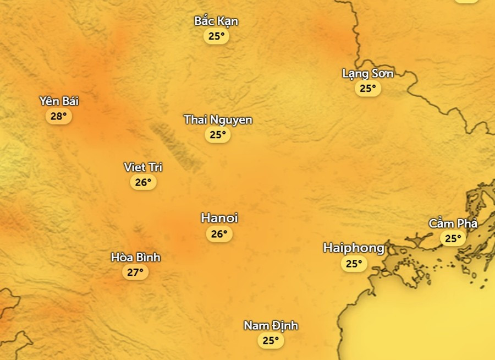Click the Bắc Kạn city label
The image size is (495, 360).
216,21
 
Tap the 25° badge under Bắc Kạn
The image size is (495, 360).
216,36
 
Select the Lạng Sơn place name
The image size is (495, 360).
367,73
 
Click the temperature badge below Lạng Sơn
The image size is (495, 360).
367,88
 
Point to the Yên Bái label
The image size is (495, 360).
59,101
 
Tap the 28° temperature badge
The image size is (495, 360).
59,116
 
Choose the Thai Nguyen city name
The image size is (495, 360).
218,119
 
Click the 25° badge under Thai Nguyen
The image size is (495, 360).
218,134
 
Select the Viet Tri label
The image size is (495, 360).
143,167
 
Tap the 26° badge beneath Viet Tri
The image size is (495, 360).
143,182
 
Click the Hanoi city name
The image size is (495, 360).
219,219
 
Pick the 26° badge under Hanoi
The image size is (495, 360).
219,234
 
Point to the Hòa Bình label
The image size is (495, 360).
135,257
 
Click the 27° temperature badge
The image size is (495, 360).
135,272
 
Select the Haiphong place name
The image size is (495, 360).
354,248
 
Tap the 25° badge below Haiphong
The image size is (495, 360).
354,264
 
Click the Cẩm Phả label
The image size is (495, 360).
453,223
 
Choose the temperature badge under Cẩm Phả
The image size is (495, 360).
453,238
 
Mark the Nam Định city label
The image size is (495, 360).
271,325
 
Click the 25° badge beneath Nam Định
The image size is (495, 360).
271,340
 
